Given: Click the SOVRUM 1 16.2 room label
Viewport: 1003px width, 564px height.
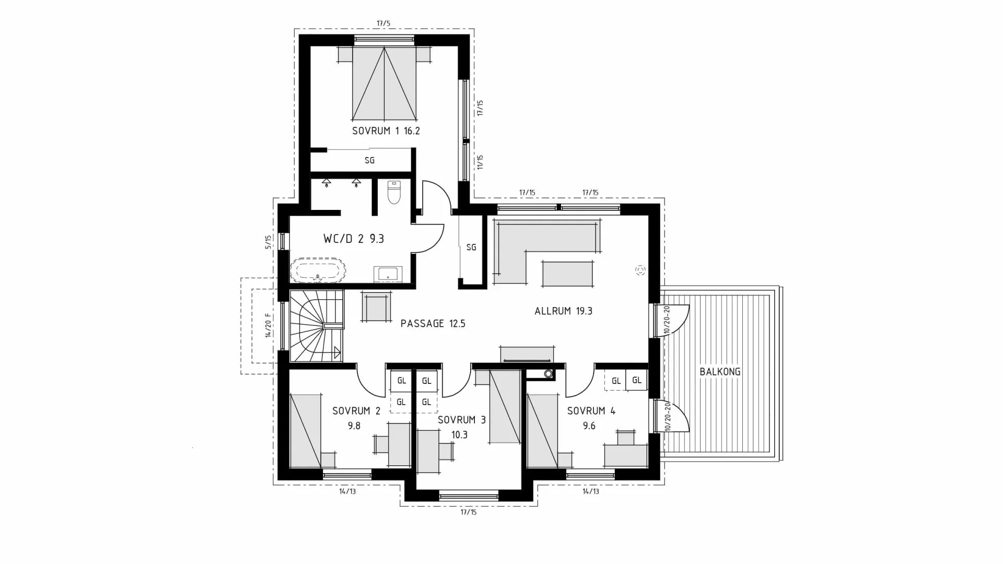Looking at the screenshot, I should pos(386,131).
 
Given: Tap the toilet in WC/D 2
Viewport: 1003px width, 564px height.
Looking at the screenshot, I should pos(393,192).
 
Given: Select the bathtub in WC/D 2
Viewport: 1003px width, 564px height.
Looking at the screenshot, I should pos(318,270).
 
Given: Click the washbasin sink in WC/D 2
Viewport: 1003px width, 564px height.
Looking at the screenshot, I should pos(388,274).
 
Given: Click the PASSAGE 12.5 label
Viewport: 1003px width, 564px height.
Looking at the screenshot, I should pos(433,324).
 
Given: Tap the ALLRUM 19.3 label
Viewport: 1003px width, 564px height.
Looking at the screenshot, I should pos(563,311).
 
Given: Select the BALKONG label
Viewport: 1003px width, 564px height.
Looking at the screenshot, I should pos(720,372).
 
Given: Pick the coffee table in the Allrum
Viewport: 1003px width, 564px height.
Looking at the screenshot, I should pos(567,274).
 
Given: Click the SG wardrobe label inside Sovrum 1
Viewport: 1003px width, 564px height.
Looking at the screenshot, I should pos(369,161).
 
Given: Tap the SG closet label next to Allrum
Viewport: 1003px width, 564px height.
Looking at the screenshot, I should pos(471,248).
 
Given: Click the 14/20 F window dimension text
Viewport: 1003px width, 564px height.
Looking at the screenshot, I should pos(269,325).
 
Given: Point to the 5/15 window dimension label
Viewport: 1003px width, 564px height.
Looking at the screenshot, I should pos(269,242).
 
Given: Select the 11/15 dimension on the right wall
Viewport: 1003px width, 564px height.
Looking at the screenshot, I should pos(480,162).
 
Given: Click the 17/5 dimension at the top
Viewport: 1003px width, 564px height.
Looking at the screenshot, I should pos(383,23).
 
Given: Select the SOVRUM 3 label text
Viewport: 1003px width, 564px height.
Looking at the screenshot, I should pos(461,420).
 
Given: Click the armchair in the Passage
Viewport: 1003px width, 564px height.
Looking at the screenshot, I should pos(376,307).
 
